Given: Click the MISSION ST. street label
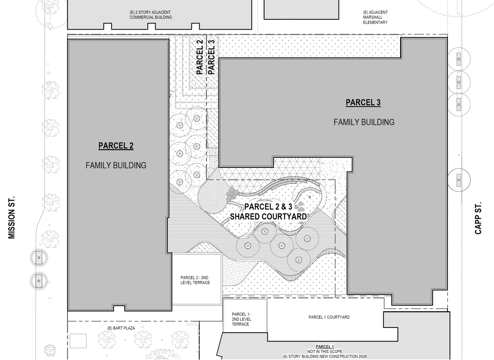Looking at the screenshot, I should coord(12,218).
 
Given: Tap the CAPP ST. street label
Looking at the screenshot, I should coord(478,218).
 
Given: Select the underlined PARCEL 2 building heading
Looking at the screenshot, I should coord(116,146).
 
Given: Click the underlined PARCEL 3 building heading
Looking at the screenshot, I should coord(363,103).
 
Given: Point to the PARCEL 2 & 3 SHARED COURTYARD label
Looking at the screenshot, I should coord(268,212).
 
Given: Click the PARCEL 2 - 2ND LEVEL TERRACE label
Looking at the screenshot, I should coord(195,280).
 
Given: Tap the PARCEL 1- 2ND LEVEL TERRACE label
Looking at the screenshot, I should coord(241,319).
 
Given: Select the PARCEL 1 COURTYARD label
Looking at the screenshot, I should coord(329,317).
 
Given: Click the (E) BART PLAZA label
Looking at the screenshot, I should coord(121,328).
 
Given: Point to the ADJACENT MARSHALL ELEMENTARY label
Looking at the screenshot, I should coord(375,17).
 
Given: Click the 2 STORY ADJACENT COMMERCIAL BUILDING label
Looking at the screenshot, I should coord(151,15).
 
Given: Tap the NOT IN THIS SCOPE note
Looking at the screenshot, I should coord(324,351).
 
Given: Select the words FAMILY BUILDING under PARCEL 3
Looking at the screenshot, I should coord(364,122).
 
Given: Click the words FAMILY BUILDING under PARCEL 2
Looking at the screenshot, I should coord(116,166).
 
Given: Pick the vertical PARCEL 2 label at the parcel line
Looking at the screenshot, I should coord(200,57).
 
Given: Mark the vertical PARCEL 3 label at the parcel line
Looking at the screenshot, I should coord(211,57).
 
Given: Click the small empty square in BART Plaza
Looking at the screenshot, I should coord(78,341).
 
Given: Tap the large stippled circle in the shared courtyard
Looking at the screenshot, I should coord(211,197).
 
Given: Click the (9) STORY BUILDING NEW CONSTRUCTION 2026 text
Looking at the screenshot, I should coord(324,356).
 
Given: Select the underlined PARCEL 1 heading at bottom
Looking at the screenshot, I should coord(325,347).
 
